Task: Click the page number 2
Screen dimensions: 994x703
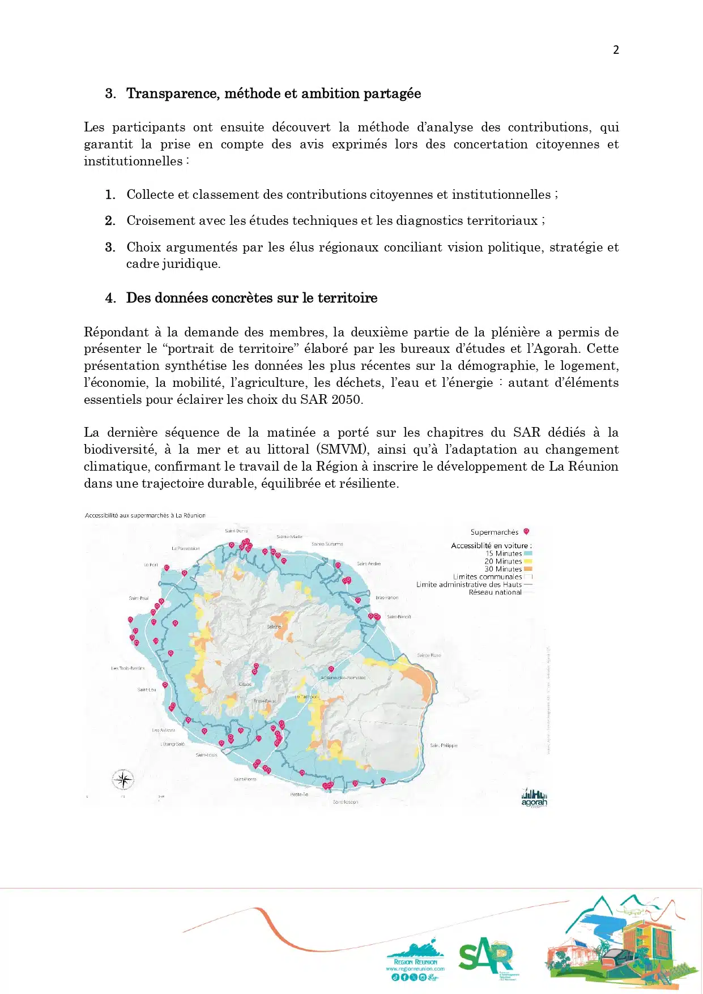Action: click(x=616, y=50)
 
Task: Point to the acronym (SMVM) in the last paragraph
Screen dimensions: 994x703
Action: click(x=343, y=449)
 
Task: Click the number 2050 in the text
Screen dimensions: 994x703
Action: click(x=346, y=399)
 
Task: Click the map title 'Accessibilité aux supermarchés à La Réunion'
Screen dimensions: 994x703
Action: click(x=145, y=515)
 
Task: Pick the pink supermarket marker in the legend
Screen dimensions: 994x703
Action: click(x=526, y=531)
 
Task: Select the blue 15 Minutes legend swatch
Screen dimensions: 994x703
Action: click(x=528, y=553)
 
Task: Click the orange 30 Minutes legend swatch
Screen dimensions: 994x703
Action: click(x=528, y=569)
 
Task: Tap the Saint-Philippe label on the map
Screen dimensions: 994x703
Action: click(x=444, y=745)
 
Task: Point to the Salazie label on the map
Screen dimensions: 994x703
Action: click(x=274, y=626)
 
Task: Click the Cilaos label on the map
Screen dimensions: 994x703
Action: click(x=245, y=684)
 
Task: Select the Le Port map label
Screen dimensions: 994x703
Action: click(x=151, y=565)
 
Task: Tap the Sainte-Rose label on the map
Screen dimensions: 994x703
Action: click(x=429, y=655)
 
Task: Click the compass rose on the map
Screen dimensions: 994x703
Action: click(x=123, y=780)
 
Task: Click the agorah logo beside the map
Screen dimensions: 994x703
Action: click(x=534, y=798)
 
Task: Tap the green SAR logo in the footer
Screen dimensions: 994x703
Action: click(x=485, y=955)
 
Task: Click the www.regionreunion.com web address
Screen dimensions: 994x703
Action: click(x=415, y=969)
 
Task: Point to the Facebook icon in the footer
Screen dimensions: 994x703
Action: click(x=404, y=977)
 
